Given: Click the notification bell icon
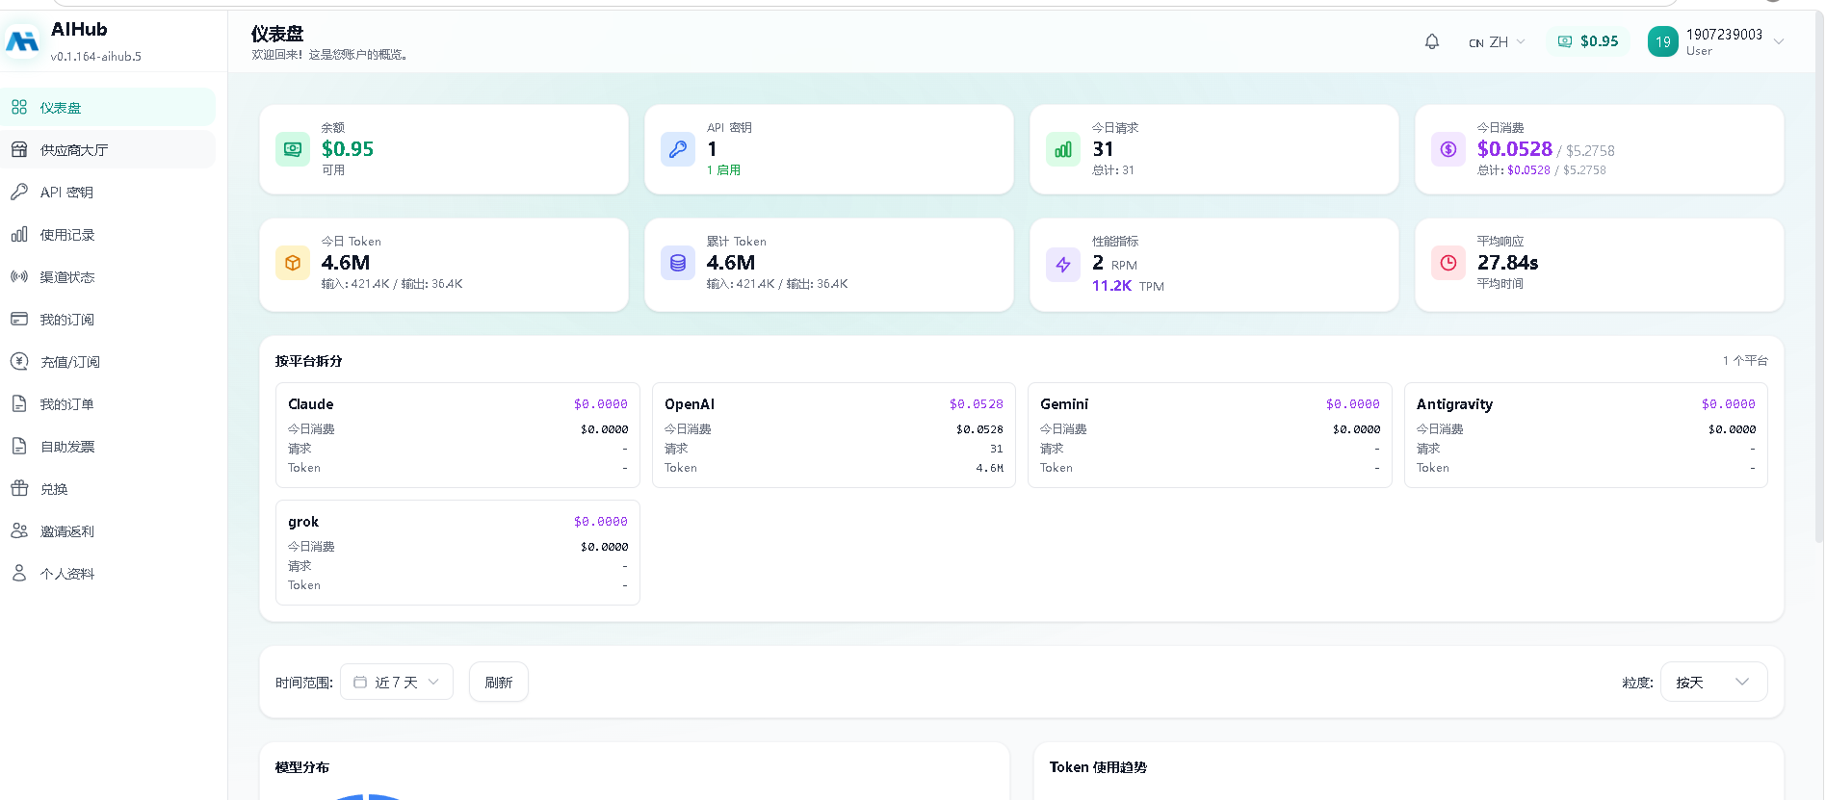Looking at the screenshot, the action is click(x=1432, y=41).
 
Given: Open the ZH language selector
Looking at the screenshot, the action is click(x=1497, y=42).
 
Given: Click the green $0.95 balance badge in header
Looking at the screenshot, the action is click(x=1588, y=41).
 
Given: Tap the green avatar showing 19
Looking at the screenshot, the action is click(x=1663, y=41).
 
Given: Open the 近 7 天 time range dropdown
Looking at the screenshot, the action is click(x=397, y=682).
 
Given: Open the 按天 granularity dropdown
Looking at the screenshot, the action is click(x=1713, y=682).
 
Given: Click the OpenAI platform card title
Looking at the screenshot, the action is click(x=690, y=404).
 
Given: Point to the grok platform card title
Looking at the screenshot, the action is click(x=303, y=522).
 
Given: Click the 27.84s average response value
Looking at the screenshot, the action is click(x=1508, y=263).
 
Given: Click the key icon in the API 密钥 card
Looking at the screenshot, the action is click(x=678, y=149).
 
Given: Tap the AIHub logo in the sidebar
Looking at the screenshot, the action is click(x=22, y=41).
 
